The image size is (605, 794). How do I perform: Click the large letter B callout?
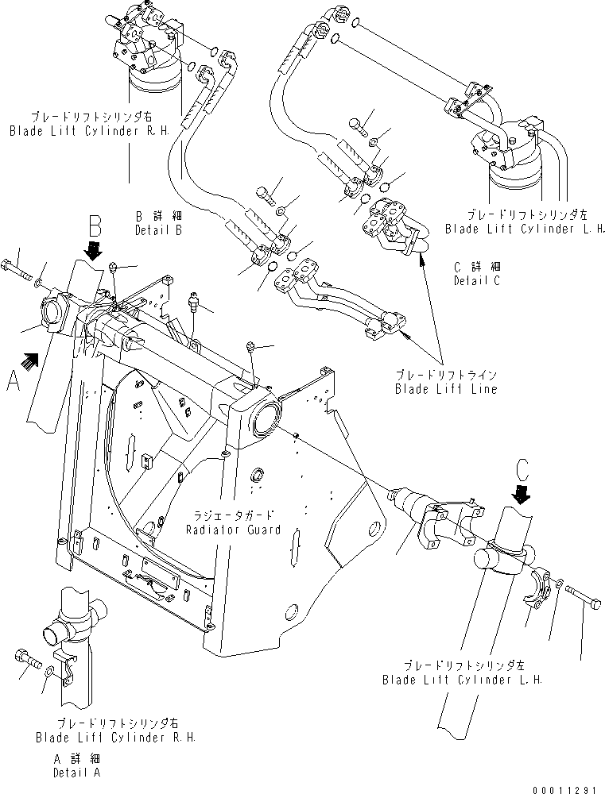coord(94,228)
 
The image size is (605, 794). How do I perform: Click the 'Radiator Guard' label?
coord(233,524)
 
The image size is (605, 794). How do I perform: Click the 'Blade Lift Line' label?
coord(445,383)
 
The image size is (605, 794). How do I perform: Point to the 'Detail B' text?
coord(157,223)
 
